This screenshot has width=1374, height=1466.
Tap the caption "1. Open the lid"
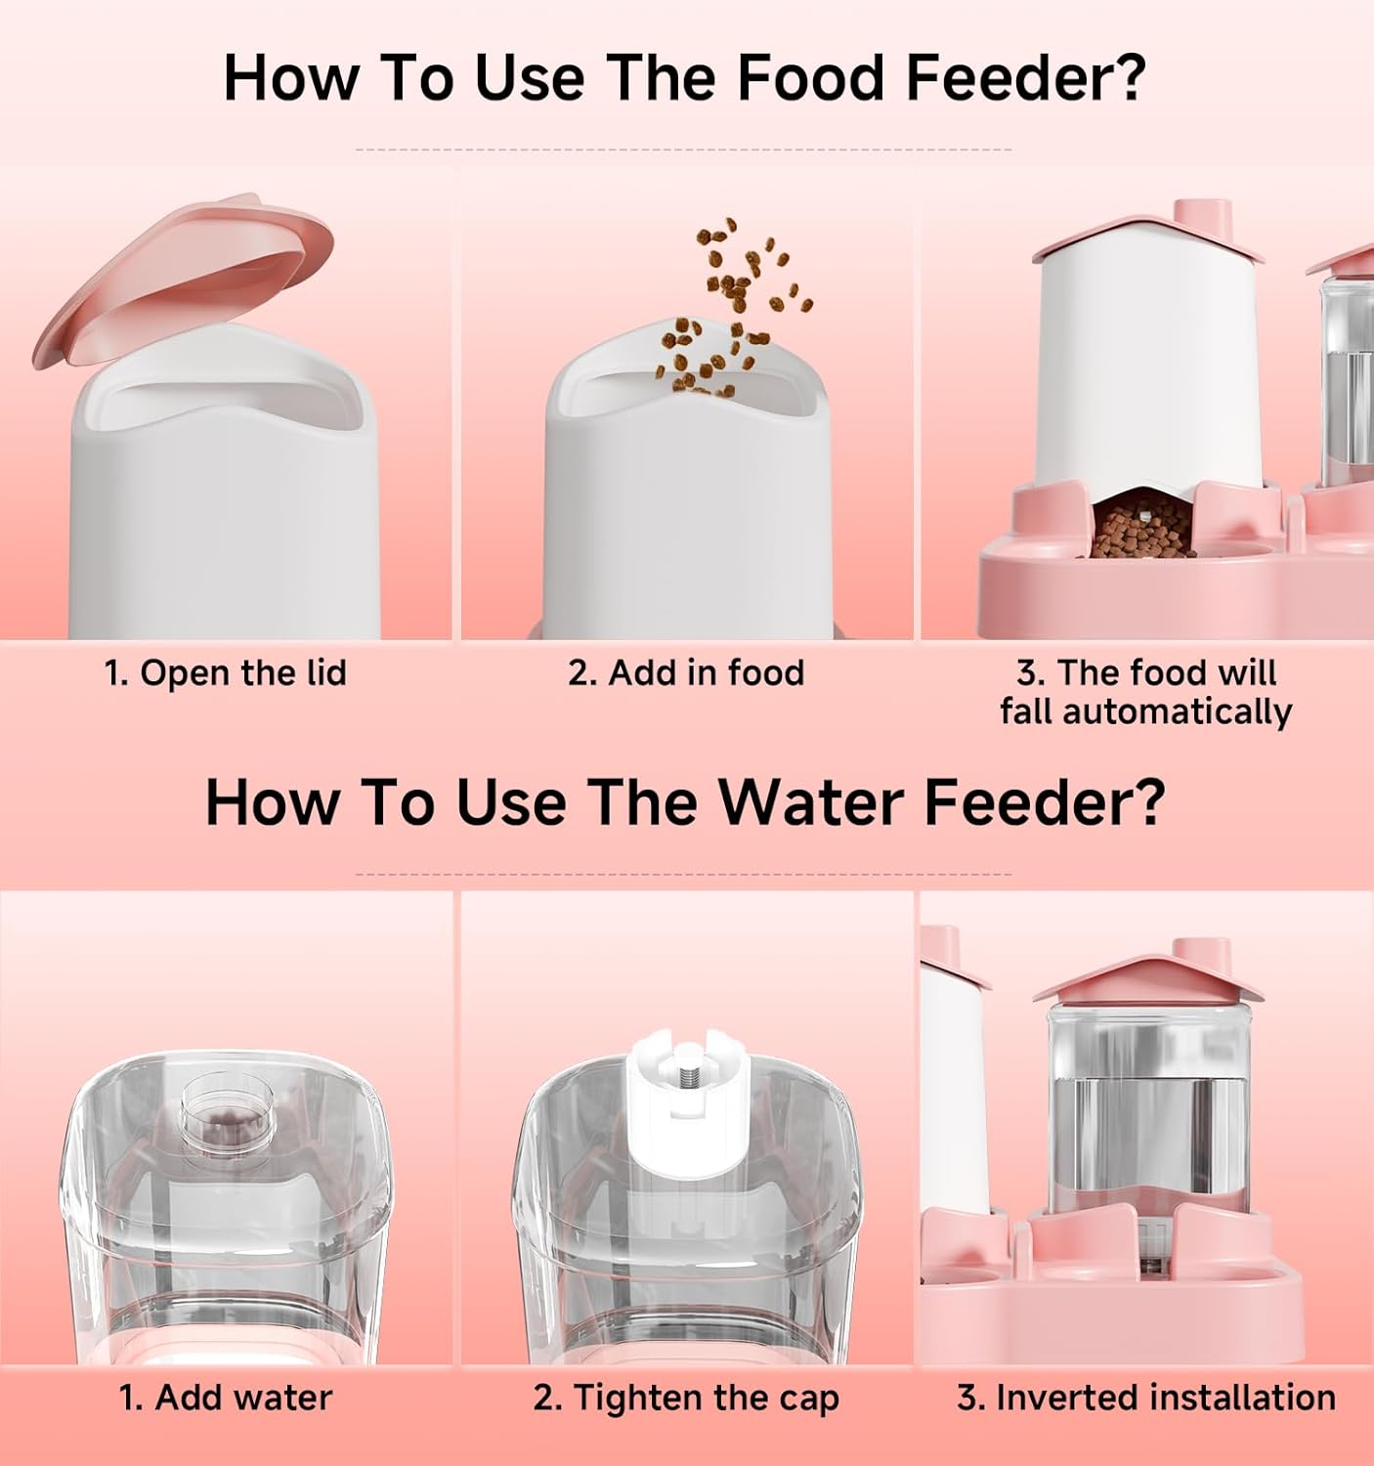coord(225,673)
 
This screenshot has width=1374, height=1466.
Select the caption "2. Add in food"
coord(686,673)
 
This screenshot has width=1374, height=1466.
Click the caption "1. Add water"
coord(225,1399)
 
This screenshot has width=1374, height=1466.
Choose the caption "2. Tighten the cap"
coord(686,1399)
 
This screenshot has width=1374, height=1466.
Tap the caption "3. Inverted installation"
coord(1146,1399)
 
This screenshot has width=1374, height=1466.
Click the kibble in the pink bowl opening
coord(1140,527)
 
